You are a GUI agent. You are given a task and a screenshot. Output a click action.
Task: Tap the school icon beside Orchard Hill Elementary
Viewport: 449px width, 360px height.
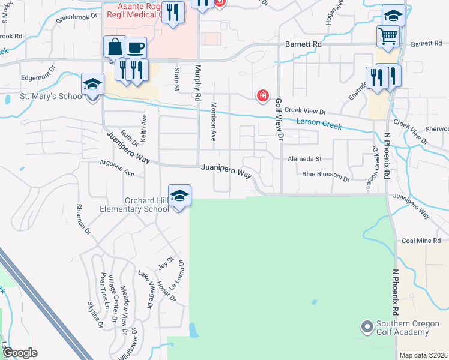tap(179, 195)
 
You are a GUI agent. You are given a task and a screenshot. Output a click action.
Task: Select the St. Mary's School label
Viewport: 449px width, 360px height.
tap(52, 96)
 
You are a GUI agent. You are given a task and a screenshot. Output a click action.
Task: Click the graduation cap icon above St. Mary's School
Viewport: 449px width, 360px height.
tap(93, 84)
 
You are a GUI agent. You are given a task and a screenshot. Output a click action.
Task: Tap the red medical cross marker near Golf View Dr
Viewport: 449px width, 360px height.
tap(262, 95)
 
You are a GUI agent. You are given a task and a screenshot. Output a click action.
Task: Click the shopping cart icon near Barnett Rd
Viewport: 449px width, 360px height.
tap(388, 37)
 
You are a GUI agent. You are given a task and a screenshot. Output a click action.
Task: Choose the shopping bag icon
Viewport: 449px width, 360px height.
tap(114, 47)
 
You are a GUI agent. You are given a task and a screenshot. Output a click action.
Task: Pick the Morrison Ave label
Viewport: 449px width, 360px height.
tap(213, 121)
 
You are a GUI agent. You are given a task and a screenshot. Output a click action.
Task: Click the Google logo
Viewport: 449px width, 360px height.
tap(20, 353)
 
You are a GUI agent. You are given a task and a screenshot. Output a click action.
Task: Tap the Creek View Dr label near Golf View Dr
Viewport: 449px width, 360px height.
tap(305, 111)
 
